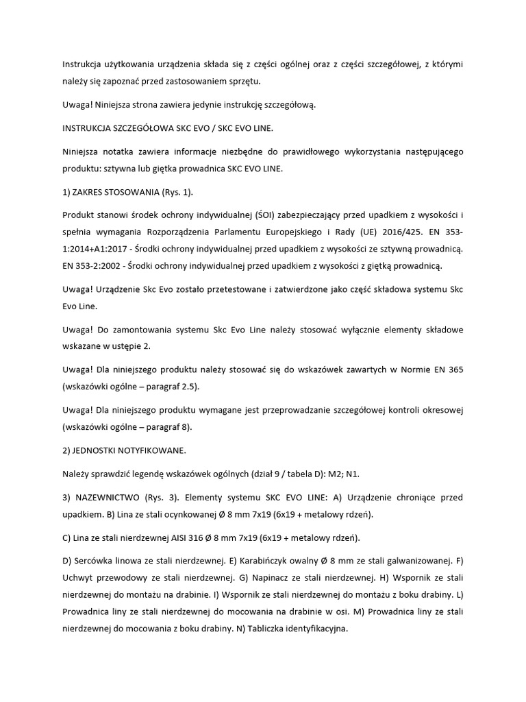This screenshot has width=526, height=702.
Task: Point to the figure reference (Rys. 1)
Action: coord(173,193)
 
